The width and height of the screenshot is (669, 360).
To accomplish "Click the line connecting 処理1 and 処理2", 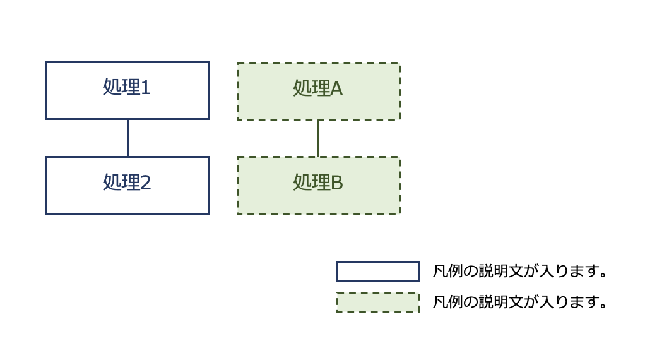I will (x=127, y=138).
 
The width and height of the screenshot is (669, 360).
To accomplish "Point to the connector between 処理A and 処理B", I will (x=318, y=138).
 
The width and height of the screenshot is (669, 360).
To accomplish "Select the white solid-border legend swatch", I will (x=377, y=272).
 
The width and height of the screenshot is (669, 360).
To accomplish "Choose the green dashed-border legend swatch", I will (x=377, y=303).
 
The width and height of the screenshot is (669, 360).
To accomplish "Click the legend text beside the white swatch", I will (x=520, y=272).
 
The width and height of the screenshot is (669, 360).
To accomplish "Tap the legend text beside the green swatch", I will (x=520, y=303).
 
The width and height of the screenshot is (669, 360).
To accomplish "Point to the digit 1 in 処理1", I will (x=145, y=88).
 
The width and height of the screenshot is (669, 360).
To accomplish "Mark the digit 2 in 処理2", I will (x=145, y=183).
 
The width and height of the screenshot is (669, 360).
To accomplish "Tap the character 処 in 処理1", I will (x=112, y=88).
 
